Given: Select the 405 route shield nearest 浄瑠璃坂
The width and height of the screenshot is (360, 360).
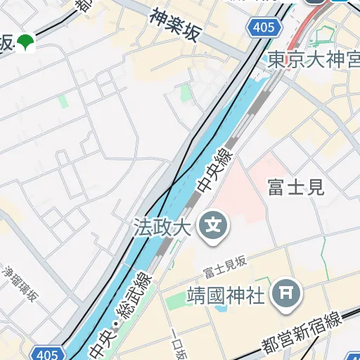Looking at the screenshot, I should tap(46, 353).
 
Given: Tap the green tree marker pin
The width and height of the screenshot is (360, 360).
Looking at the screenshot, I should tap(27, 43).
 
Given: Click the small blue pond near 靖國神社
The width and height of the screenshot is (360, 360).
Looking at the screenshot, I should tap(222, 307).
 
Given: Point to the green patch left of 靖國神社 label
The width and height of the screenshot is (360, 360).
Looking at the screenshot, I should tap(174, 302).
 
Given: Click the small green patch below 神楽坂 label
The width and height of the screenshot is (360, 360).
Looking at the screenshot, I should tap(186, 92).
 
